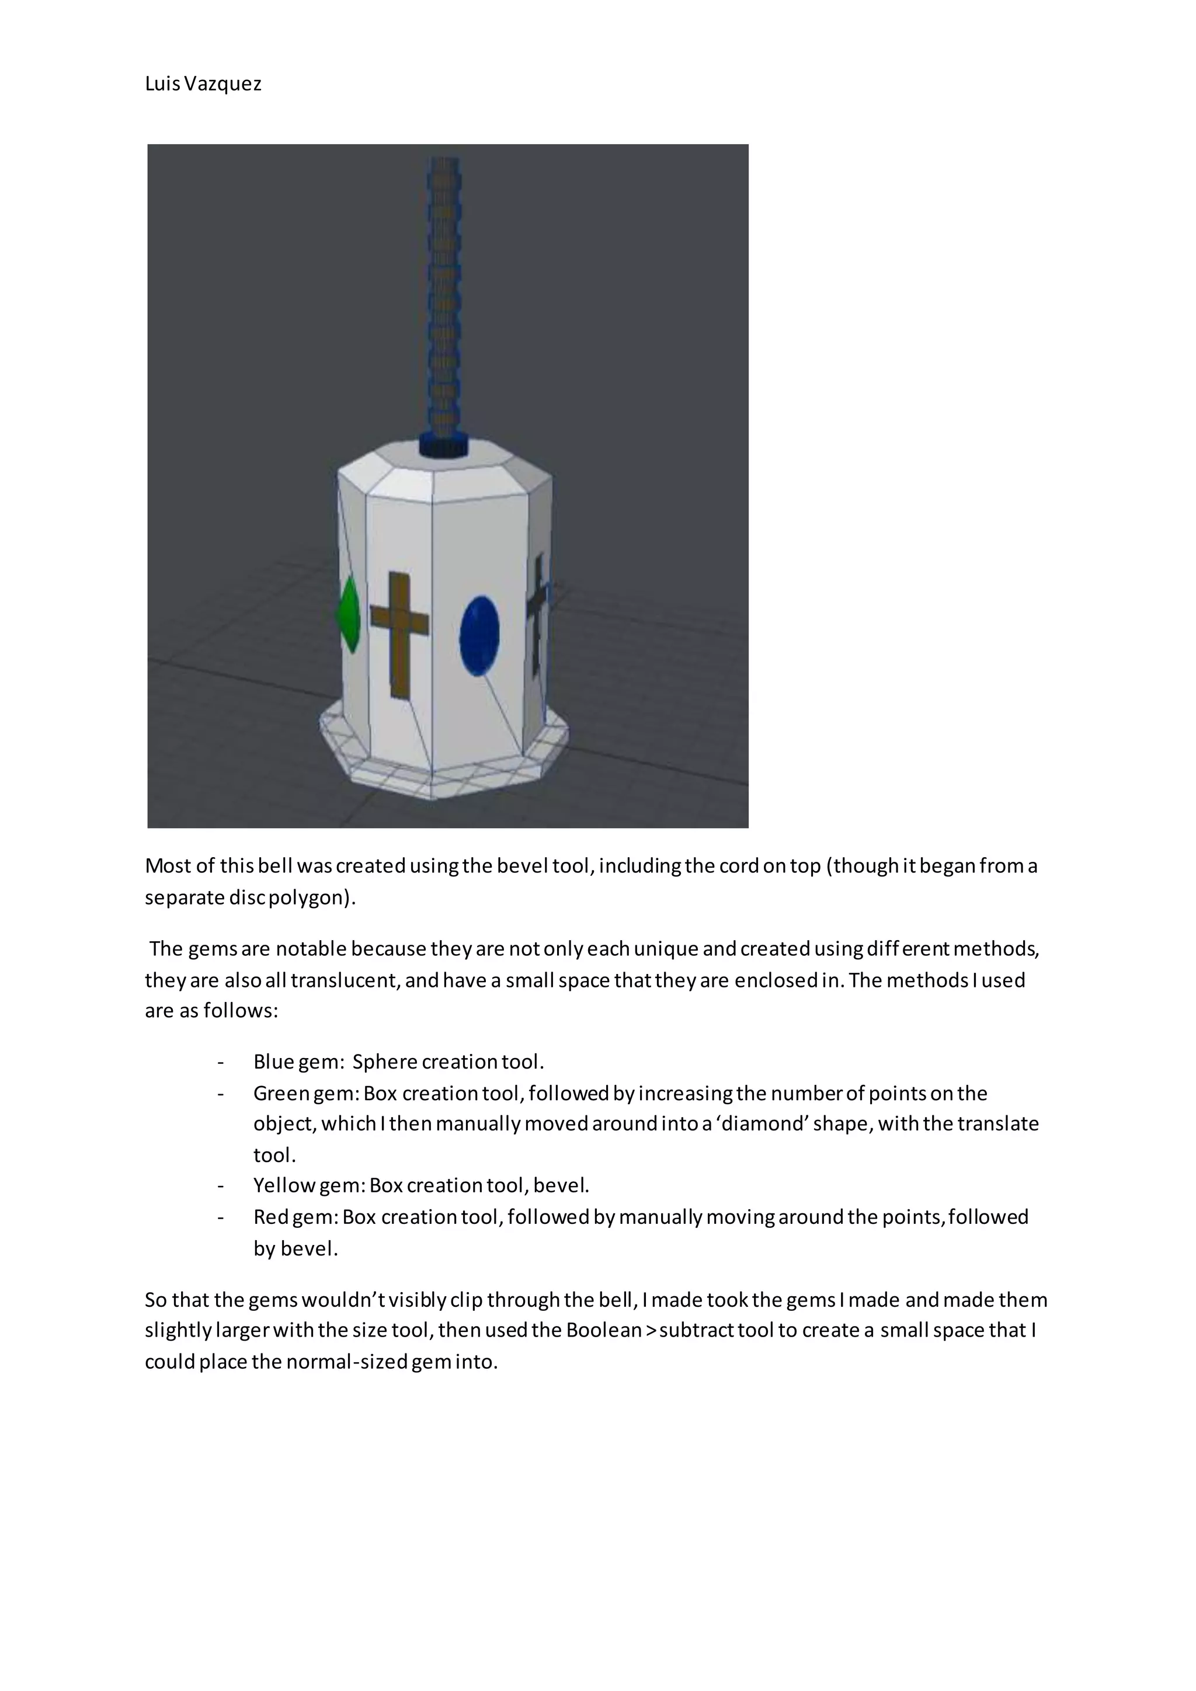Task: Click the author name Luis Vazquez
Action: [x=203, y=84]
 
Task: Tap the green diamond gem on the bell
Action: [x=348, y=614]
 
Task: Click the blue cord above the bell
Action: [x=444, y=295]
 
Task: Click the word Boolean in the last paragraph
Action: [x=603, y=1330]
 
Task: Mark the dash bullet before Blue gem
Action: [x=220, y=1063]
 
